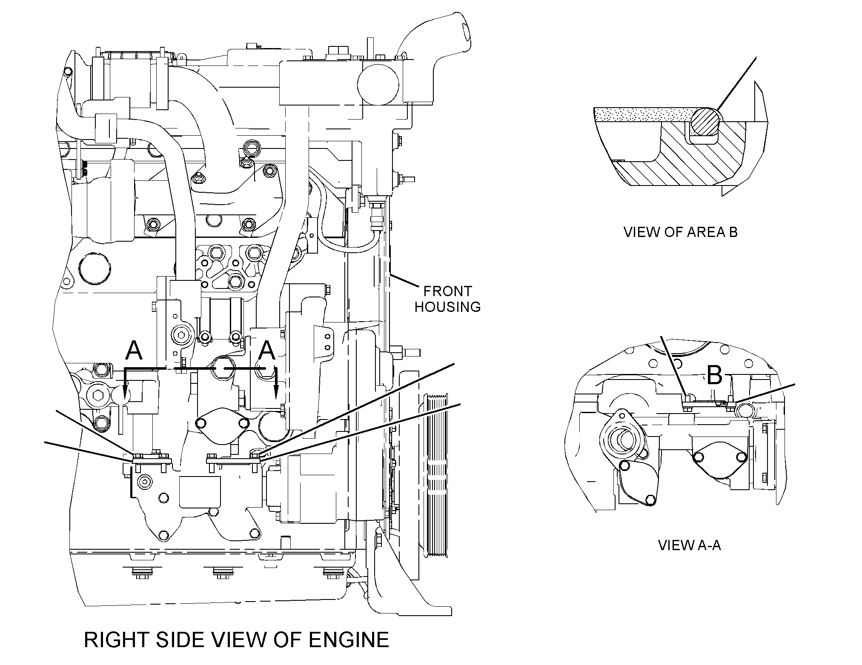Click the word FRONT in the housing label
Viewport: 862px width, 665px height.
coord(447,291)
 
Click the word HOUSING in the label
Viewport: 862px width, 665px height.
coord(447,306)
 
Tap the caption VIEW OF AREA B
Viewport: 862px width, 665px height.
coord(680,232)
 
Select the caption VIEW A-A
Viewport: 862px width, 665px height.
coord(689,545)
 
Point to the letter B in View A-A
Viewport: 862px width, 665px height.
coord(715,375)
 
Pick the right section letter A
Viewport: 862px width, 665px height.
coord(267,350)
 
